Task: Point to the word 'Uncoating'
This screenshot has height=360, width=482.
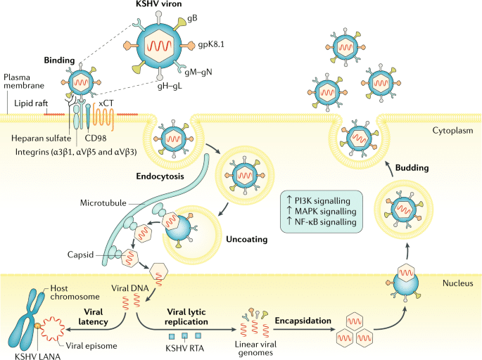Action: click(x=245, y=239)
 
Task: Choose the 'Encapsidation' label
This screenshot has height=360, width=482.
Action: click(x=303, y=321)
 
